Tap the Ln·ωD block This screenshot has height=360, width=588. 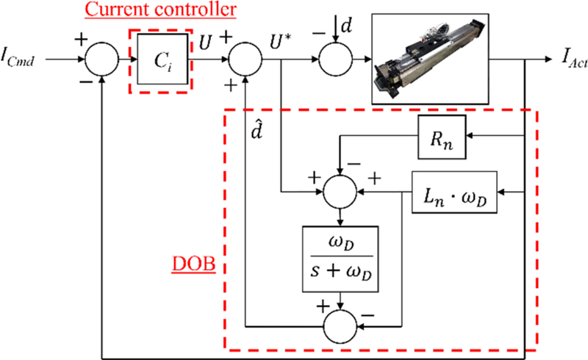pyautogui.click(x=453, y=193)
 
